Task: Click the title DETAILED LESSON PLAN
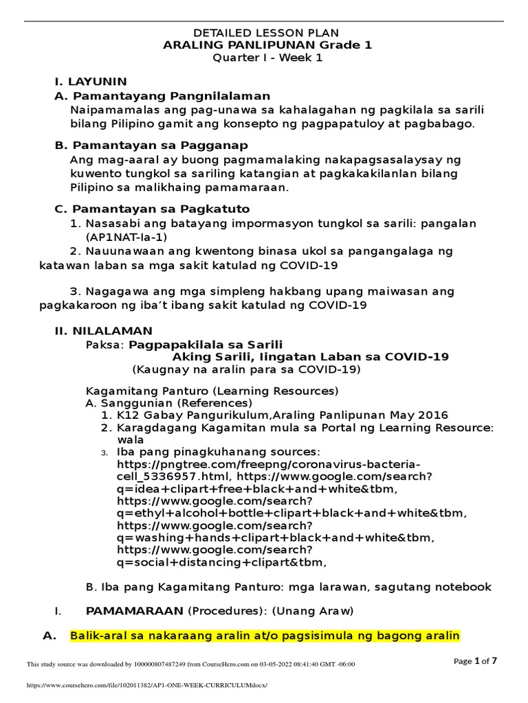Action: point(266,33)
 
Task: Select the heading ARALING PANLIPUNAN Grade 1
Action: point(266,45)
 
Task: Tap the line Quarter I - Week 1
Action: point(266,58)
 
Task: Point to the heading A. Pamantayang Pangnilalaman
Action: point(162,95)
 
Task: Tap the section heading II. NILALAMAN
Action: point(104,330)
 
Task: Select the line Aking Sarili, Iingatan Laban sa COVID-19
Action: point(311,356)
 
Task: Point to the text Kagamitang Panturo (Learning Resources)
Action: point(212,391)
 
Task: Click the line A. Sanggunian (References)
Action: point(168,403)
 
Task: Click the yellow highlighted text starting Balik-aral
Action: point(265,636)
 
